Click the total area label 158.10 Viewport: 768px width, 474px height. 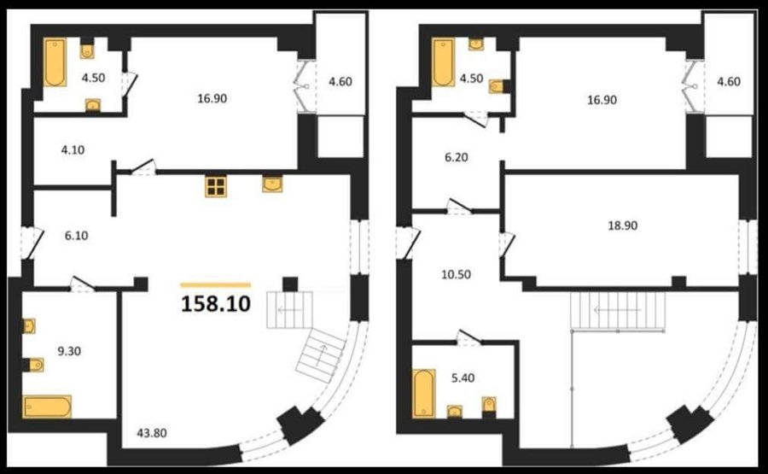tap(216, 304)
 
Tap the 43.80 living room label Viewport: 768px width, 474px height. tap(152, 433)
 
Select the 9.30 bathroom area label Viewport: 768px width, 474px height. tap(69, 351)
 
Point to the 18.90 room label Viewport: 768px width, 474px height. tap(623, 225)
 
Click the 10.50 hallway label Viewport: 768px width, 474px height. tap(456, 274)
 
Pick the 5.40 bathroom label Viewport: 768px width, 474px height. tap(463, 378)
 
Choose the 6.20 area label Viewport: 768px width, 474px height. tap(456, 157)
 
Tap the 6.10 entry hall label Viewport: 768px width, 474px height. tap(77, 236)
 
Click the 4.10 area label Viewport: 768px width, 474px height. tap(73, 150)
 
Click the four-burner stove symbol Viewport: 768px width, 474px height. tap(216, 186)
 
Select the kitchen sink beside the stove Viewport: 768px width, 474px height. tap(272, 184)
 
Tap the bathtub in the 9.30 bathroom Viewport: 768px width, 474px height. tap(48, 407)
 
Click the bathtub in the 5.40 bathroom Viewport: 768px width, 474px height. tap(423, 394)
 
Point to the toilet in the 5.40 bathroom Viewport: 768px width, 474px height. tap(489, 405)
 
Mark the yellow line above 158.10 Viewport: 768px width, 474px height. tap(216, 284)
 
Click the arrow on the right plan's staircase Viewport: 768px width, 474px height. tap(618, 310)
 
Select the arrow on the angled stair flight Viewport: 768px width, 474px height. tap(321, 354)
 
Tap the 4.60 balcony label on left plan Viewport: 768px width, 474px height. tap(340, 81)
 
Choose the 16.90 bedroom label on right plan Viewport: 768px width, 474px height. tap(602, 100)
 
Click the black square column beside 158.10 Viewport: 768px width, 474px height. tap(290, 284)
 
